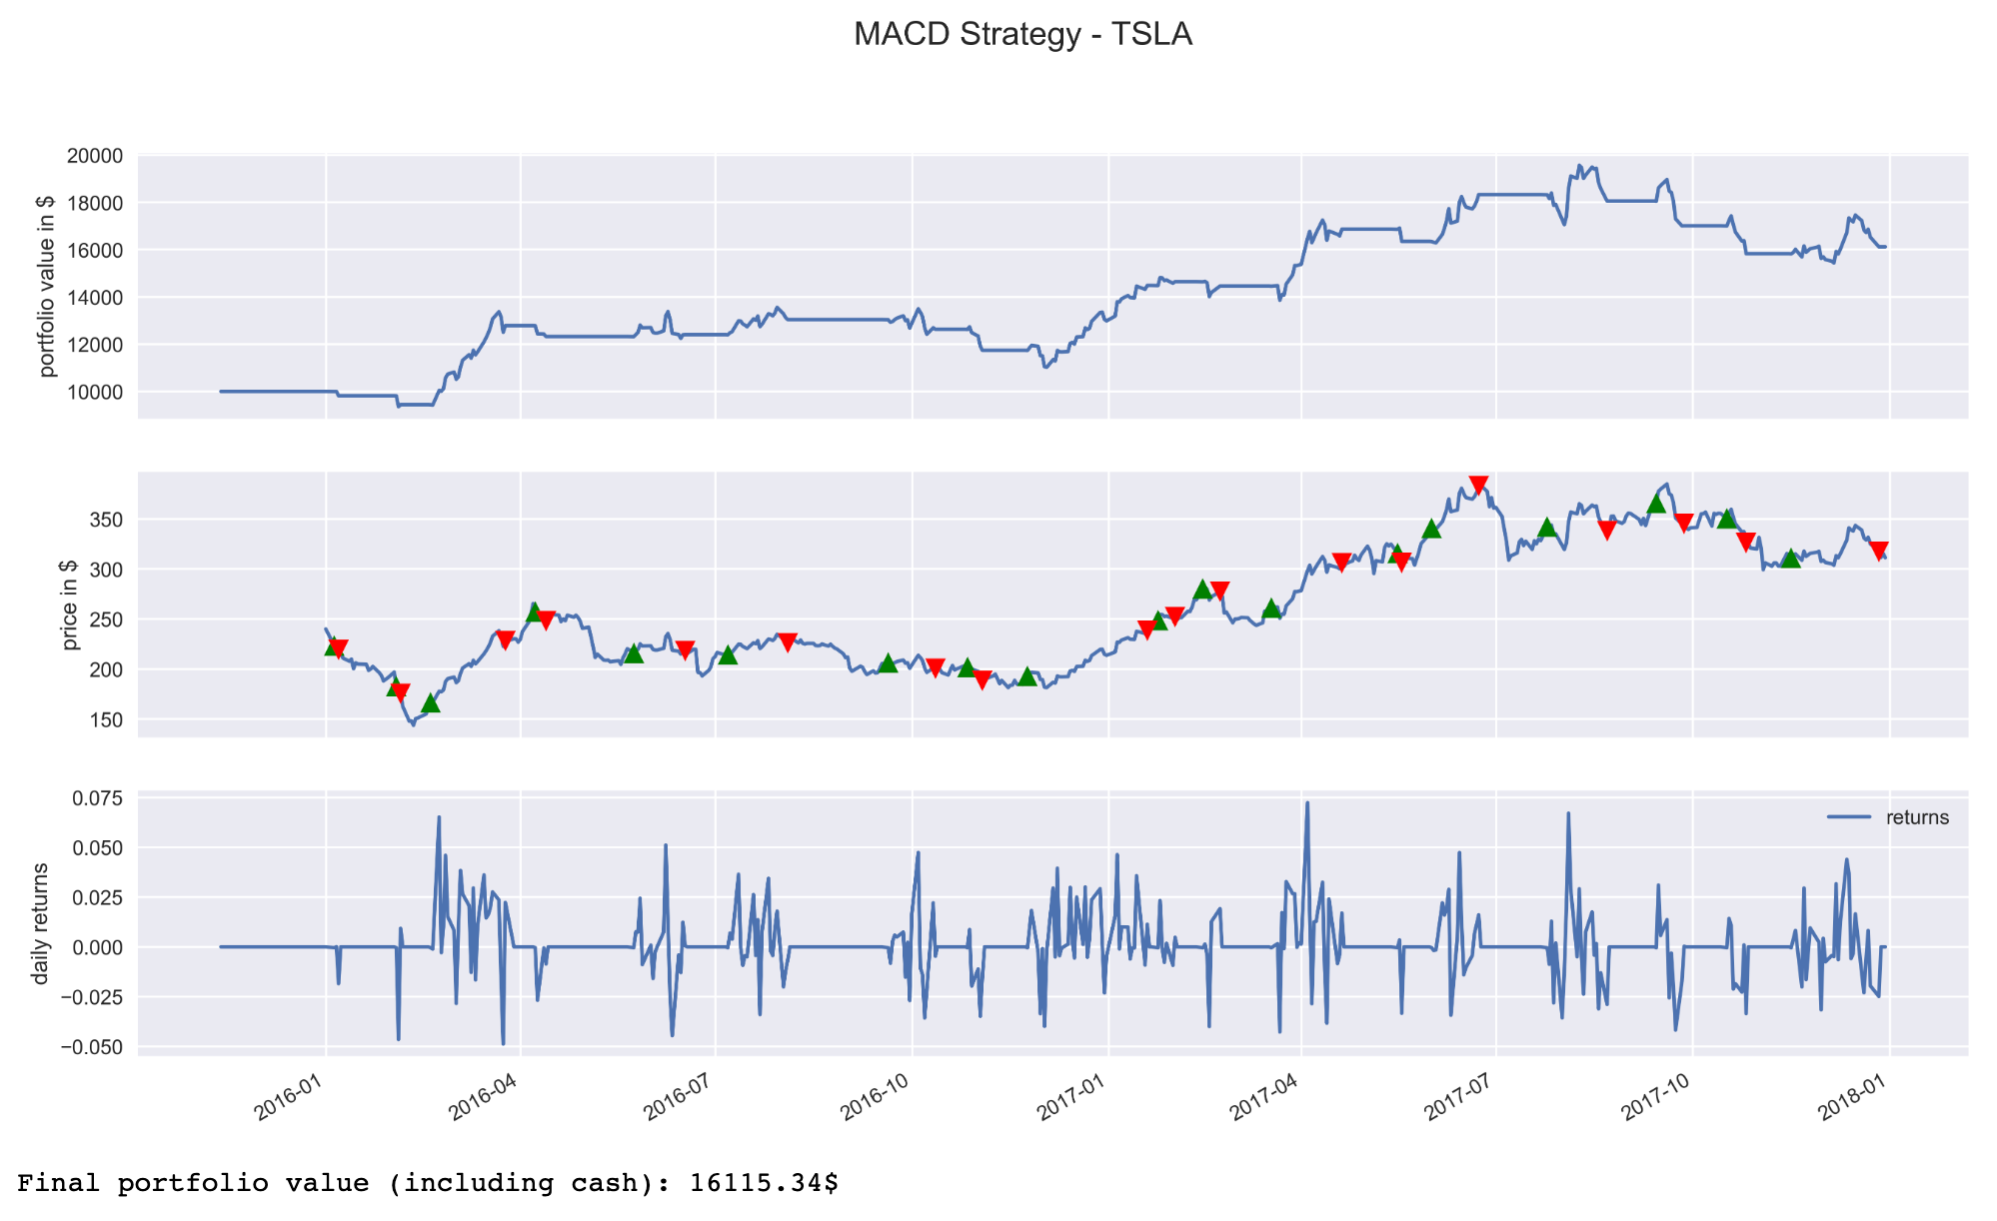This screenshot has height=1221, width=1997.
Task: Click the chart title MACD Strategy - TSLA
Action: (x=1022, y=35)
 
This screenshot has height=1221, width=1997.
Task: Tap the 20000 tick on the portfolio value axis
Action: (x=95, y=156)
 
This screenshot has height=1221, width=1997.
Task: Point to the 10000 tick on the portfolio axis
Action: (x=95, y=392)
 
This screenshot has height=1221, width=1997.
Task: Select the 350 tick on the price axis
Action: (x=109, y=520)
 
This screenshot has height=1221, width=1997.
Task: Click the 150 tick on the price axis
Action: (x=109, y=719)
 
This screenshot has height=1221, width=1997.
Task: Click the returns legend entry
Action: (x=1917, y=817)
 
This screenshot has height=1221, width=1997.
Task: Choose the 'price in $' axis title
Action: (x=69, y=605)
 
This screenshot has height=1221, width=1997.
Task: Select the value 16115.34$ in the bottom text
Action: (x=764, y=1184)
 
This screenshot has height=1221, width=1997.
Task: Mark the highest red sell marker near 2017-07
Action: (x=1478, y=486)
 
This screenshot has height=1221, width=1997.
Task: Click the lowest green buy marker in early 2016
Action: (x=430, y=703)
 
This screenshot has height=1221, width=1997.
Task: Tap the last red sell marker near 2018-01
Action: (x=1878, y=551)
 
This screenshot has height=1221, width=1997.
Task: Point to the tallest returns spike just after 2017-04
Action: (x=1307, y=803)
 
